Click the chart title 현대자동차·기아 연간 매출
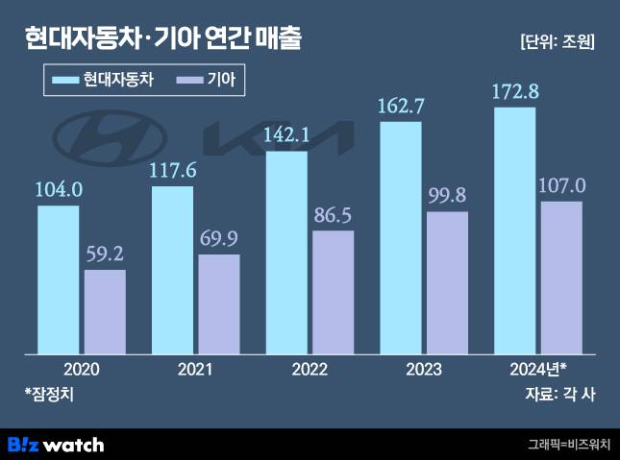tap(163, 39)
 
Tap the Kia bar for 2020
tap(105, 312)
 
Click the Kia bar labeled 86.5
tap(333, 292)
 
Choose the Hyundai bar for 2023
tap(401, 237)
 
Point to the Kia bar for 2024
tap(562, 278)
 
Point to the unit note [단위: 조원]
tap(556, 40)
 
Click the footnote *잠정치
tap(49, 393)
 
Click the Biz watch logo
tap(56, 445)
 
